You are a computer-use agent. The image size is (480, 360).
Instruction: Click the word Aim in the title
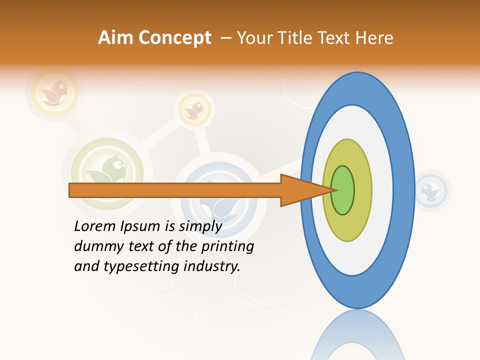116,38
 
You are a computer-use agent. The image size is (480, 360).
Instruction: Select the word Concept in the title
175,38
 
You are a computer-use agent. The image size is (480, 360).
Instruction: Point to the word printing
227,246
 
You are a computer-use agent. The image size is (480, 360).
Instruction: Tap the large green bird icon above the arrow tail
107,167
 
